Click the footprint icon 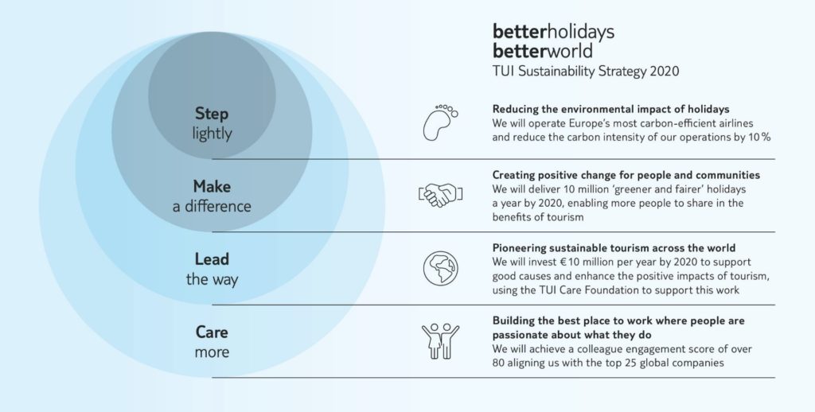point(440,122)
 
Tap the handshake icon point(440,195)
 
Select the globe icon point(440,268)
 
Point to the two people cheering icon point(440,341)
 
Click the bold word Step point(212,114)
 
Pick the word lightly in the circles point(212,134)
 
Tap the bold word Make point(212,186)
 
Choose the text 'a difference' point(212,206)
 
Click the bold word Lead point(212,258)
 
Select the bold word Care point(212,332)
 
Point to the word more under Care point(212,352)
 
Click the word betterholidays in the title point(553,32)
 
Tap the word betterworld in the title point(542,51)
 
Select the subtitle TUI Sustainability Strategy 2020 point(585,71)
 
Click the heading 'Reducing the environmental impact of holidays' point(610,109)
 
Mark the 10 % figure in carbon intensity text point(759,137)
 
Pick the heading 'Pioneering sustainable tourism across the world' point(614,248)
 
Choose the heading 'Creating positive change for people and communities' point(626,175)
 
